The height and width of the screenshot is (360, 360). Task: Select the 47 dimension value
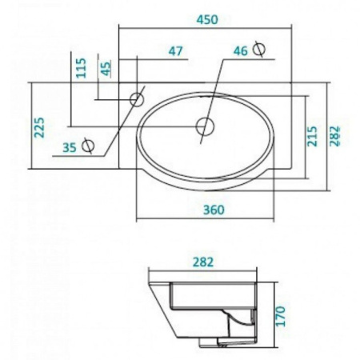(x=176, y=51)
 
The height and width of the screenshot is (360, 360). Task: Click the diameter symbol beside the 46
(x=258, y=49)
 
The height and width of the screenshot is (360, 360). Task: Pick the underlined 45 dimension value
(x=106, y=69)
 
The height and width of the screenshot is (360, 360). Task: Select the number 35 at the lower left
(x=70, y=147)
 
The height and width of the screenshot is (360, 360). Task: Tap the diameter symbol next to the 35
(x=90, y=146)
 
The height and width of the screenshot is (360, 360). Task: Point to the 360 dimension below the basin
(x=213, y=210)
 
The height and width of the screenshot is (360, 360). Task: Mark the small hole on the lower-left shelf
(x=90, y=146)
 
